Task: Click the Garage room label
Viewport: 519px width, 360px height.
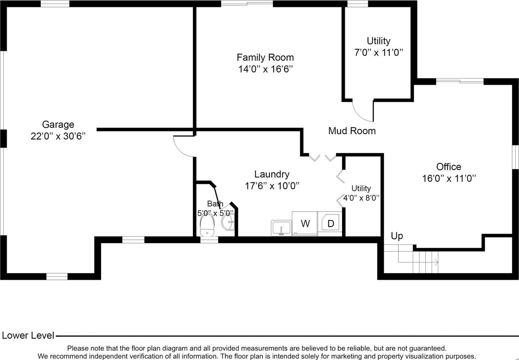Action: [x=58, y=124]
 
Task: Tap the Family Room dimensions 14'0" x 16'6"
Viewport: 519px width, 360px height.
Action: [x=265, y=69]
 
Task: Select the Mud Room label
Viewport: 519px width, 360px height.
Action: [x=352, y=131]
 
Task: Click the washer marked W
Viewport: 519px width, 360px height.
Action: [x=305, y=223]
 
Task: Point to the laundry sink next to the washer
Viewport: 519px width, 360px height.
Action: [x=281, y=228]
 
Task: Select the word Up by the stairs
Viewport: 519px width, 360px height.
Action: [x=397, y=236]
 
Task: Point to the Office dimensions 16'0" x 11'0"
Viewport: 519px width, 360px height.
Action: [x=449, y=178]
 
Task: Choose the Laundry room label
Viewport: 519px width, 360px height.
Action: [x=272, y=174]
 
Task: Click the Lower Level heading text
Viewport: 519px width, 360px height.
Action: [x=28, y=335]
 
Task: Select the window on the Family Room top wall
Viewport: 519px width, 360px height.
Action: [x=247, y=3]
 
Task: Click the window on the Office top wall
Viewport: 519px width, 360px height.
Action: [x=460, y=81]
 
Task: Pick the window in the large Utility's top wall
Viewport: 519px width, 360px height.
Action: [x=357, y=3]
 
